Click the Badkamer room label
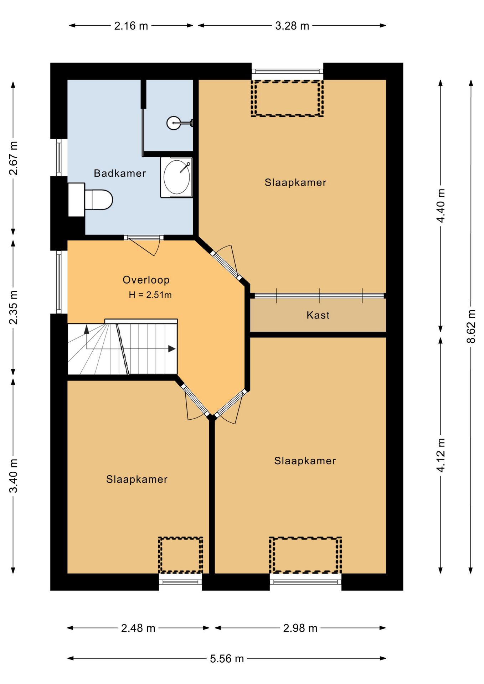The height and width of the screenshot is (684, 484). pos(120,173)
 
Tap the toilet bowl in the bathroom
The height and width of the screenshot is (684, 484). pos(99,199)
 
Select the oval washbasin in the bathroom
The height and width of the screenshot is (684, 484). pos(176,177)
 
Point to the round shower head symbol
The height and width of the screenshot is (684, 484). pos(174,123)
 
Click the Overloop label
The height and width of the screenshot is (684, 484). pos(146,280)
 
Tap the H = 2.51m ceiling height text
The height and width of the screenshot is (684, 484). pos(150,295)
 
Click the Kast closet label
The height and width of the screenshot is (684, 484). pos(318,315)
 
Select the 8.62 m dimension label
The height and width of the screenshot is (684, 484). pos(471,326)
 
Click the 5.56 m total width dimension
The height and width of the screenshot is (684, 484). pos(227,658)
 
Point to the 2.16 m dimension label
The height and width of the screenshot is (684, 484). pos(131,26)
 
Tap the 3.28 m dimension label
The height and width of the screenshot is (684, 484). pos(292,26)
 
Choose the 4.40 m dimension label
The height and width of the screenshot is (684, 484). pos(441,206)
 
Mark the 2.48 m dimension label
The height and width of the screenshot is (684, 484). pos(138,628)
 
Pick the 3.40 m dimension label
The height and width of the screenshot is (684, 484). pos(13,476)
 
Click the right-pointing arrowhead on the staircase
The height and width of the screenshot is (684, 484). pos(172,349)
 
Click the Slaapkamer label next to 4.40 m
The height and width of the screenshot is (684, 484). pos(295,182)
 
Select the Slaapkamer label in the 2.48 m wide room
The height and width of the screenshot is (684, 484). pos(137,479)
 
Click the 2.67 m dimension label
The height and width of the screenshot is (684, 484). pos(13,158)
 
